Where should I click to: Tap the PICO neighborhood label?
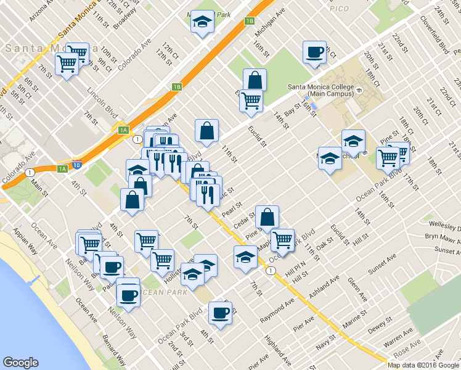click(x=338, y=9)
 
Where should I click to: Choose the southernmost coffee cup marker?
click(x=220, y=313)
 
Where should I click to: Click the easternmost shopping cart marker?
click(x=398, y=152)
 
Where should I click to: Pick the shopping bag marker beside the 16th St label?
click(x=255, y=80)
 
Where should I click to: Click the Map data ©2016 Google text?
click(x=422, y=365)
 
